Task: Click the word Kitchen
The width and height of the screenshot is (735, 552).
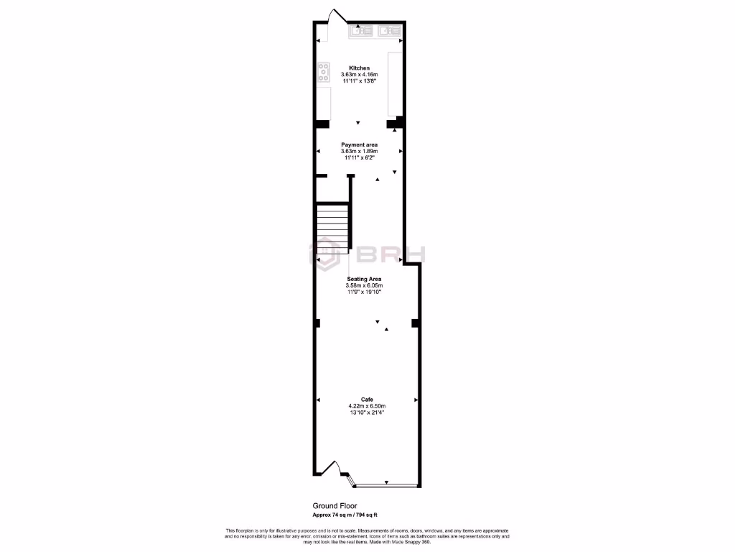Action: click(x=359, y=68)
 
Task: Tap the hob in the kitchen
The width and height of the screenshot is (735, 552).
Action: click(x=324, y=73)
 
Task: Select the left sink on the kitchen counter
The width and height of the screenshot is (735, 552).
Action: click(x=360, y=31)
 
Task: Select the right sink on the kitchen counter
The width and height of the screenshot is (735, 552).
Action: click(x=389, y=31)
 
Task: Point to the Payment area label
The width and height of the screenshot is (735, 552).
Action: click(x=359, y=144)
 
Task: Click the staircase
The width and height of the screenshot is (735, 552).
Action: click(x=332, y=227)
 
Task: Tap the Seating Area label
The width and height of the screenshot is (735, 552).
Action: click(x=364, y=279)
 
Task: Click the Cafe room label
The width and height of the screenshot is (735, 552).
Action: click(x=367, y=399)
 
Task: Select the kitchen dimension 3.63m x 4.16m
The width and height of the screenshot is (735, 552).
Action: click(x=359, y=75)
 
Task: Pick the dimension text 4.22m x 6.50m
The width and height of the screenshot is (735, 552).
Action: click(x=367, y=406)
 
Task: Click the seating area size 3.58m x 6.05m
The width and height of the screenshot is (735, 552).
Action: click(x=364, y=285)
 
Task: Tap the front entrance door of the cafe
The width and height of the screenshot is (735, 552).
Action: click(x=332, y=468)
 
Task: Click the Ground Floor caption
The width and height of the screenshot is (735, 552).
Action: click(x=334, y=506)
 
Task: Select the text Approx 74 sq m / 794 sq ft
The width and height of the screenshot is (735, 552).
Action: click(x=345, y=515)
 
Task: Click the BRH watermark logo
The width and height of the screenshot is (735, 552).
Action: click(x=367, y=254)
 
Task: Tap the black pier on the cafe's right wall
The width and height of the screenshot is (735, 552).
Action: click(x=415, y=324)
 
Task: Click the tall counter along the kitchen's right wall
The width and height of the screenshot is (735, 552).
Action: click(x=395, y=83)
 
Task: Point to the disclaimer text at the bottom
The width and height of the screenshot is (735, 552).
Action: click(x=367, y=535)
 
